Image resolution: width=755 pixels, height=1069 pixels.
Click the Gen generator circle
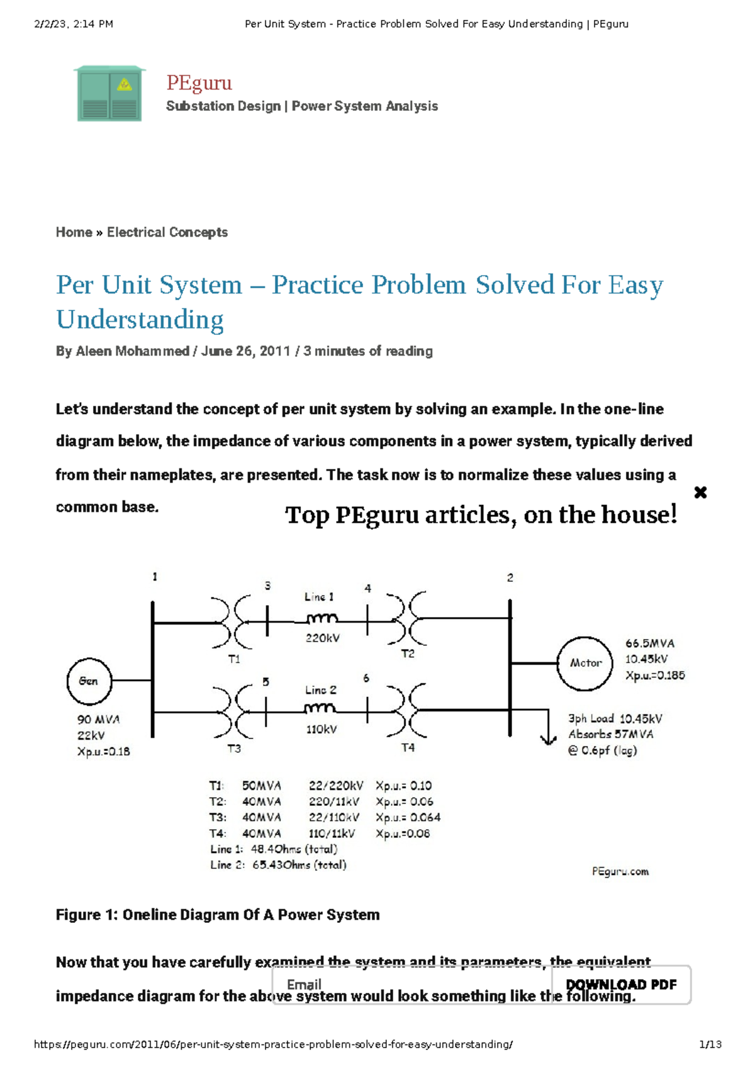click(x=89, y=681)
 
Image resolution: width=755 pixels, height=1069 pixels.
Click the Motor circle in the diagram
click(x=584, y=663)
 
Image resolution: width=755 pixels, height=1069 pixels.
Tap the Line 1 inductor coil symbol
click(x=321, y=618)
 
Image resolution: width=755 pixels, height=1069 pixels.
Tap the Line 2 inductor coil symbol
click(x=320, y=709)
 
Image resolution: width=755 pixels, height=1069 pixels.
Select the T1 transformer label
click(x=234, y=659)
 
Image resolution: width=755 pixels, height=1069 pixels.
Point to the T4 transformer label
click(x=408, y=747)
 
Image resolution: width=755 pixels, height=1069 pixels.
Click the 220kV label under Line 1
click(x=322, y=638)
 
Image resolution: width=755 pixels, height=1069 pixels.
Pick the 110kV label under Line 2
click(x=321, y=730)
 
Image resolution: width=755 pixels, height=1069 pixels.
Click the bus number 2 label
click(x=510, y=577)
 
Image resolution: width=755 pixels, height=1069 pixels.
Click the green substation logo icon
click(x=109, y=94)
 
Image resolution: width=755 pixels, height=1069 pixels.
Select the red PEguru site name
click(x=199, y=82)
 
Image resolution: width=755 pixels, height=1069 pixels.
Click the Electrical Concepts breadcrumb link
click(x=167, y=232)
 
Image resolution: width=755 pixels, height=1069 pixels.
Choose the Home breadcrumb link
click(x=74, y=232)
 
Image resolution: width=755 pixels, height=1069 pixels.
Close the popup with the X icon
click(x=700, y=492)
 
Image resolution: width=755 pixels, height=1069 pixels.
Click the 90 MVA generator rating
click(x=98, y=719)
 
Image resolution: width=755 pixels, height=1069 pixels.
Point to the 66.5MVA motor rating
click(x=649, y=643)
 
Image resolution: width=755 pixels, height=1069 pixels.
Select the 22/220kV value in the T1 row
click(x=335, y=786)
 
